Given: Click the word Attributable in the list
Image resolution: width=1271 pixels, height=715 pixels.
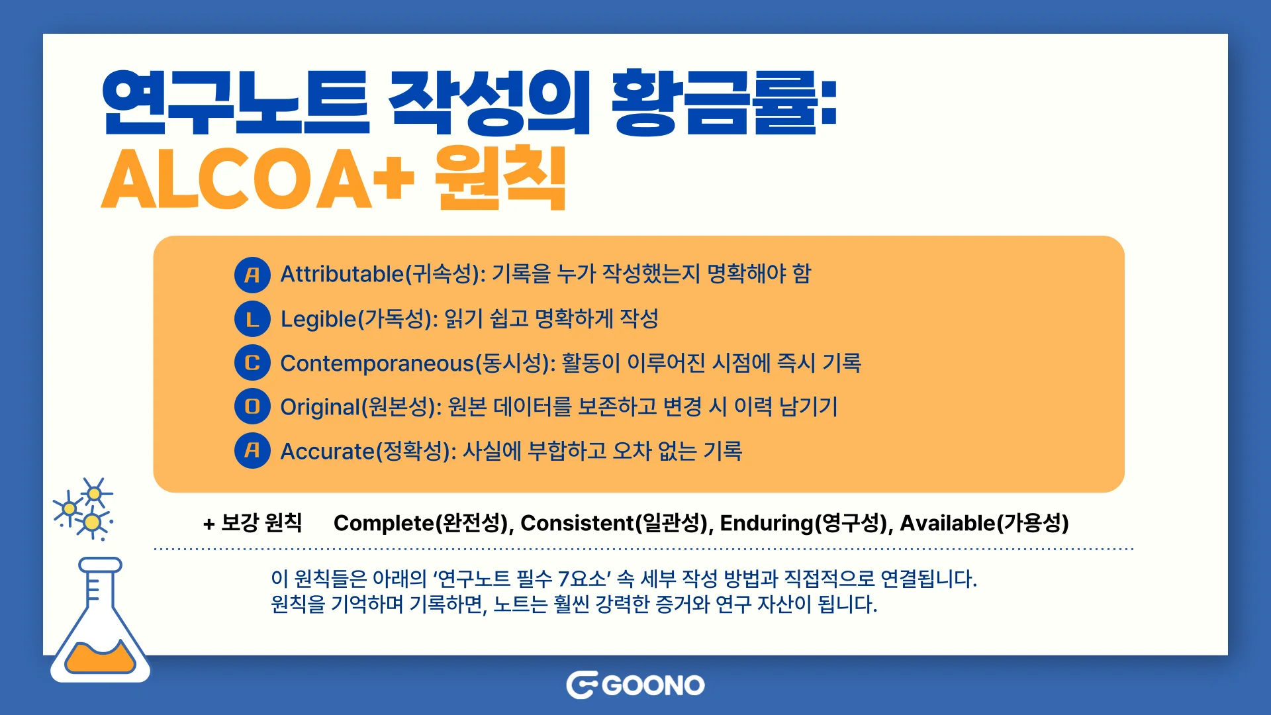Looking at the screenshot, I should point(342,274).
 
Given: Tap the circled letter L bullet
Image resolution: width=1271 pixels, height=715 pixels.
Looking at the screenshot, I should point(252,319).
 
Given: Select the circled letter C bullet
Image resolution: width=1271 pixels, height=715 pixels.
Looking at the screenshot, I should point(252,363).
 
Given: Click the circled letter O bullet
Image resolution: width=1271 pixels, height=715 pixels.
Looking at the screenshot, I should point(252,406).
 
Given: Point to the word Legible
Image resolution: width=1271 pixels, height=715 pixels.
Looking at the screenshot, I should point(318,319).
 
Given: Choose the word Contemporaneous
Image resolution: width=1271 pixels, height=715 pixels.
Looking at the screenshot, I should point(377,363).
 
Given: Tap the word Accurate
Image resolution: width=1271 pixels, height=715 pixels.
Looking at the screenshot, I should point(328,452).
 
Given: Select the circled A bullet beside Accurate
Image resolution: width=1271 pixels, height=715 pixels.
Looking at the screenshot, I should point(252,451).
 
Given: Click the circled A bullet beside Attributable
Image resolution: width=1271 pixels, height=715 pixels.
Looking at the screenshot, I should point(252,275).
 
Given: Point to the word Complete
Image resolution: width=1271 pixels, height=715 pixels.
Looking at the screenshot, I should point(383,523).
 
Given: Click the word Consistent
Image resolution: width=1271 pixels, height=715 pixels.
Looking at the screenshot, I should point(577,523).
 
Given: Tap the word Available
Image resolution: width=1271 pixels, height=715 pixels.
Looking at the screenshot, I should point(947,523).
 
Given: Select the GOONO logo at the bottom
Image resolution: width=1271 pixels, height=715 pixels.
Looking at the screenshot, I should point(635,685).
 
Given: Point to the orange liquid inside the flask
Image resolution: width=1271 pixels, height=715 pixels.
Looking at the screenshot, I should point(100,657).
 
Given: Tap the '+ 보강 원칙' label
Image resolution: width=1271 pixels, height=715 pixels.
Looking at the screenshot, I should point(252,523).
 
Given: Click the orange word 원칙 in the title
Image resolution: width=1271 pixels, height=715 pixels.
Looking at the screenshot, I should point(500,179).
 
